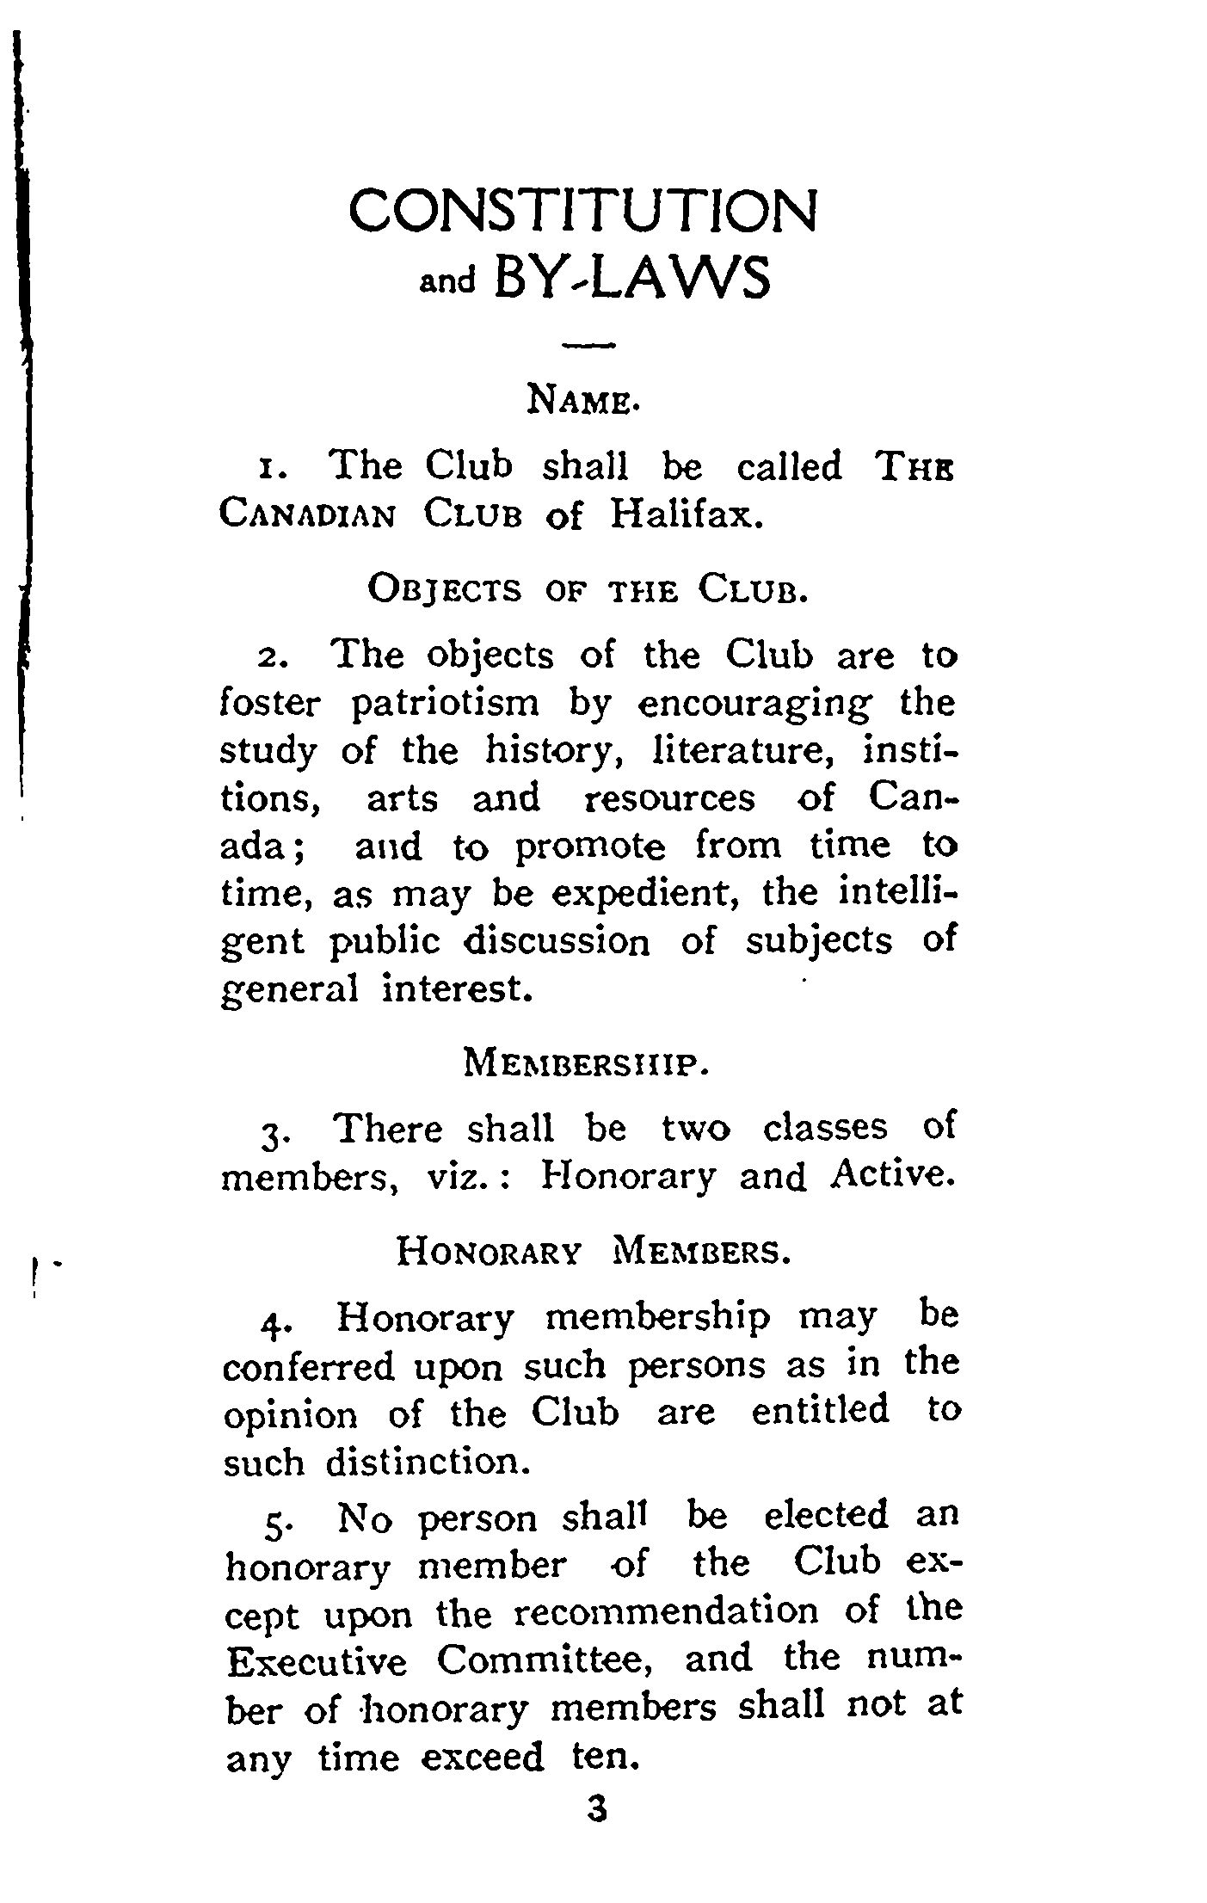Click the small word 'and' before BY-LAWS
point(446,283)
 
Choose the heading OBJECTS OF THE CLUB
point(587,590)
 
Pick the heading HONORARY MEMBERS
point(592,1252)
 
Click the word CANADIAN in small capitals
point(308,516)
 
